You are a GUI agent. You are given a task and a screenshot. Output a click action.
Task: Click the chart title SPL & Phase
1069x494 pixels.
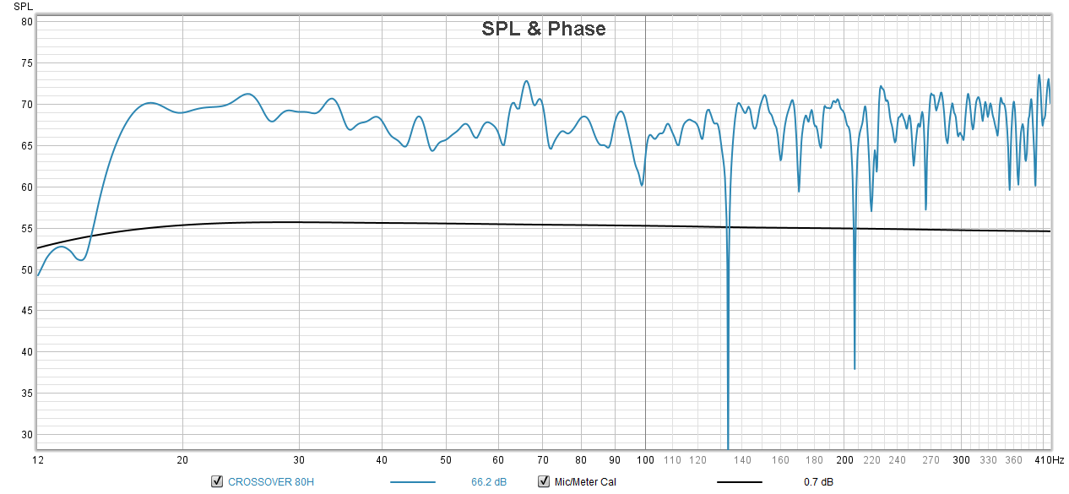point(543,29)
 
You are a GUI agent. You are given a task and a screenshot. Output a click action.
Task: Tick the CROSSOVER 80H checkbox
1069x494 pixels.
point(217,482)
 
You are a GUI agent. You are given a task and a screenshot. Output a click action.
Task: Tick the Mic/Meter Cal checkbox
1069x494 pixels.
point(544,482)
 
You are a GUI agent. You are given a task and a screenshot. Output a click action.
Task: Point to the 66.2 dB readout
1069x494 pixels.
point(489,482)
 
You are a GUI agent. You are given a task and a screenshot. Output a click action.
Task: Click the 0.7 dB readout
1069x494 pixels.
point(818,482)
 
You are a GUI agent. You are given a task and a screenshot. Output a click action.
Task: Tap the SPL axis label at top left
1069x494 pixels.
point(23,7)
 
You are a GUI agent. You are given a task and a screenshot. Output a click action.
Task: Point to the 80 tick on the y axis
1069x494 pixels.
point(26,22)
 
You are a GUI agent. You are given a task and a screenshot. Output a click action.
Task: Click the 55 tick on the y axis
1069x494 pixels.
point(26,229)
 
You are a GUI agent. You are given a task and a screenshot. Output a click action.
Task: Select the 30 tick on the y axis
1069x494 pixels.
point(26,436)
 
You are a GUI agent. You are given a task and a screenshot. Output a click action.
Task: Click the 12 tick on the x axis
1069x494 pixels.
point(37,460)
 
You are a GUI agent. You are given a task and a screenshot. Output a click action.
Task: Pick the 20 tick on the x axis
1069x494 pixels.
point(182,460)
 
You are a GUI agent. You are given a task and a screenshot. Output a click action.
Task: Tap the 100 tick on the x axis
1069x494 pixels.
point(646,460)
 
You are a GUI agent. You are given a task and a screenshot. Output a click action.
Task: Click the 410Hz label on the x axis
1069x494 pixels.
point(1050,460)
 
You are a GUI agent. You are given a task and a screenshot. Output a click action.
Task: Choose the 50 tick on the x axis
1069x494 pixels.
point(445,460)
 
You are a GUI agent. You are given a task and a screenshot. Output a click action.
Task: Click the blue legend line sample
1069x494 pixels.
point(413,482)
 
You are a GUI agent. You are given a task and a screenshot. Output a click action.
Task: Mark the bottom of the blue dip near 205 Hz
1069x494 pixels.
point(855,368)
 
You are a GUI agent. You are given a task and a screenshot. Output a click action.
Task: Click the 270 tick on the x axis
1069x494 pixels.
point(931,460)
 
